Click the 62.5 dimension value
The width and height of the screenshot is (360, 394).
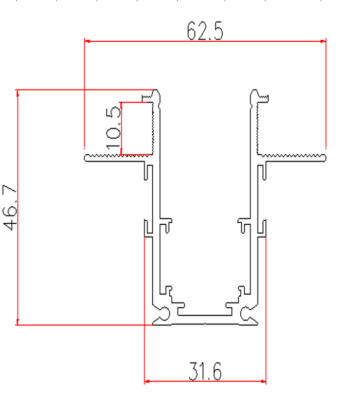pos(205,31)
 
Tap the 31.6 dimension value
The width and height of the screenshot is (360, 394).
pos(205,371)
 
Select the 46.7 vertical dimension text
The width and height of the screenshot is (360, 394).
pos(10,208)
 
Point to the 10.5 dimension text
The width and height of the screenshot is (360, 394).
pos(113,128)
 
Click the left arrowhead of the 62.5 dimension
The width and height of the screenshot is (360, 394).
pos(87,41)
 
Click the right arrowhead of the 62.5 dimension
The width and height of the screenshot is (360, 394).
pos(323,41)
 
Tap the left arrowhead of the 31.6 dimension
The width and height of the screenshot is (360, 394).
pos(147,381)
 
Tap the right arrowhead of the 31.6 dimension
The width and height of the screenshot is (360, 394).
pos(263,381)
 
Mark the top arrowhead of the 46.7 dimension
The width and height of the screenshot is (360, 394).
pos(17,93)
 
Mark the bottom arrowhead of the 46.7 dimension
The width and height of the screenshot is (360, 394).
pos(17,321)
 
